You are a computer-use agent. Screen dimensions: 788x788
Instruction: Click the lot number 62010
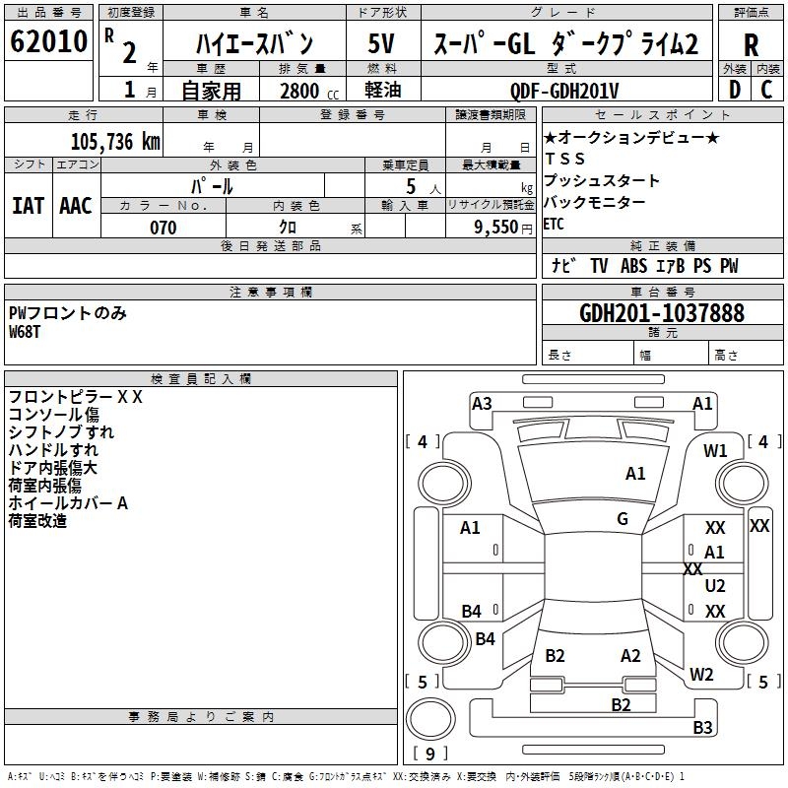click(x=48, y=41)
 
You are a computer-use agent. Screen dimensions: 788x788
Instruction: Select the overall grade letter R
click(x=751, y=45)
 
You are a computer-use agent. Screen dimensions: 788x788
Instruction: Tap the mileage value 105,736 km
click(x=115, y=141)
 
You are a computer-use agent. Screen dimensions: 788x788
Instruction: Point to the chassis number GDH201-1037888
click(x=662, y=312)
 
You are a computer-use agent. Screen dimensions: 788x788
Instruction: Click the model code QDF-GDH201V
click(x=563, y=91)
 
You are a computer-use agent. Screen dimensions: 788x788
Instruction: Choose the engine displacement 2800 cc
click(x=309, y=91)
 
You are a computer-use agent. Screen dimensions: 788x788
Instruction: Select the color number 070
click(x=164, y=228)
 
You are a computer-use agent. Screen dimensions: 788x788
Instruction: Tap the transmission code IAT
click(x=29, y=206)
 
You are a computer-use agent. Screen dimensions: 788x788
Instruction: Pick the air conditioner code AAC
click(x=76, y=206)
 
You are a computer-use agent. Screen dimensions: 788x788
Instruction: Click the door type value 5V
click(x=381, y=43)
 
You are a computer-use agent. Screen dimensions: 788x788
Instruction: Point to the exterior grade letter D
click(x=734, y=90)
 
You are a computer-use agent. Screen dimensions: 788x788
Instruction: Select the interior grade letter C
click(x=766, y=90)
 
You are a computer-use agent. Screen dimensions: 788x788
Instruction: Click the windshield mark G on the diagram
click(x=623, y=519)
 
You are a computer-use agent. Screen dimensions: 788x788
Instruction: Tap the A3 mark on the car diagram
click(x=482, y=404)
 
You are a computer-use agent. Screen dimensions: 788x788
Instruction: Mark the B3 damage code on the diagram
click(x=702, y=727)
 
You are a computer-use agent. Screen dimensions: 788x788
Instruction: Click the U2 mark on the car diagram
click(x=715, y=585)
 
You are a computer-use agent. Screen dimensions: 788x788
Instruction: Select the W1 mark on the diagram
click(x=715, y=451)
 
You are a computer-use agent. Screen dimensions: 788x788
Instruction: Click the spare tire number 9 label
click(x=430, y=754)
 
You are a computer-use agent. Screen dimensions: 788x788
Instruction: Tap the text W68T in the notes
click(x=24, y=332)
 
